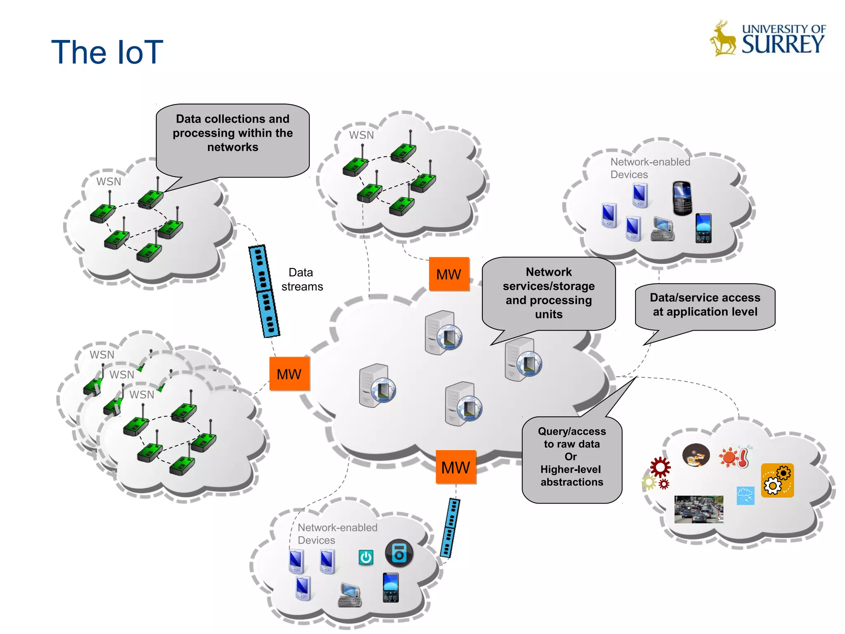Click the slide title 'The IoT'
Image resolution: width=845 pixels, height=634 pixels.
coord(107,52)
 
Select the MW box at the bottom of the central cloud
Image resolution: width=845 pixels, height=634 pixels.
coord(456,467)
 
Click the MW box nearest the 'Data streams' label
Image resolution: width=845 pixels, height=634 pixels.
coord(289,374)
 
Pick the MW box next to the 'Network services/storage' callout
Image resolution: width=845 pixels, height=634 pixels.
coord(449,274)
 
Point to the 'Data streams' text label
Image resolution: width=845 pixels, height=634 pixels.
coord(302,279)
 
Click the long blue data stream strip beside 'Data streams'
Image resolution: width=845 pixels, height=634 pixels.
coord(264,291)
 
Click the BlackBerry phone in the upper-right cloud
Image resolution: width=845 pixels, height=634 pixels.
coord(682,198)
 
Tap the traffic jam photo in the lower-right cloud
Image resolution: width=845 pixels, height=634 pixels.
coord(699,509)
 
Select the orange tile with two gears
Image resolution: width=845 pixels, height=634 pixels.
coord(777,480)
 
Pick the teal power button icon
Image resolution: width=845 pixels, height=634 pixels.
coord(366,557)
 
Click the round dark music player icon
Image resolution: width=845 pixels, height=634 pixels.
coord(399,553)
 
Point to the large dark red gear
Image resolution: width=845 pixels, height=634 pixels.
coord(660,468)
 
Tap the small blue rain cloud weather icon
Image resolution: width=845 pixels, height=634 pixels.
coord(745,495)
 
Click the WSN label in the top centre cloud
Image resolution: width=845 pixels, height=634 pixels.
coord(361,135)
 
